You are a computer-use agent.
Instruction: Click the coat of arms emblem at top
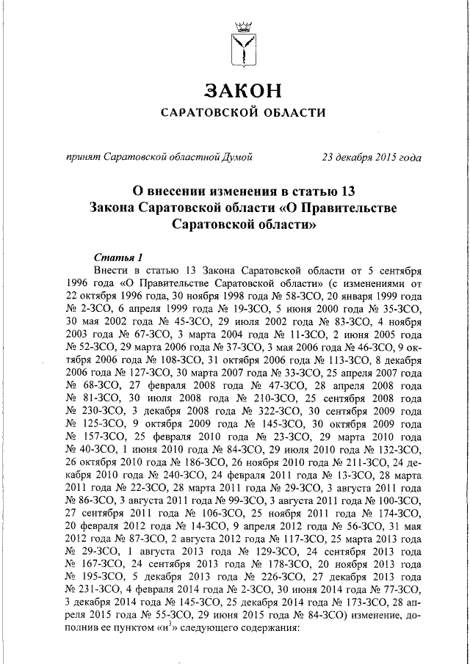[x=242, y=45]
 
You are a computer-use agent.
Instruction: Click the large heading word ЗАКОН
[x=242, y=90]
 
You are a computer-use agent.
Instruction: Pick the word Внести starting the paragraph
[x=112, y=270]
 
